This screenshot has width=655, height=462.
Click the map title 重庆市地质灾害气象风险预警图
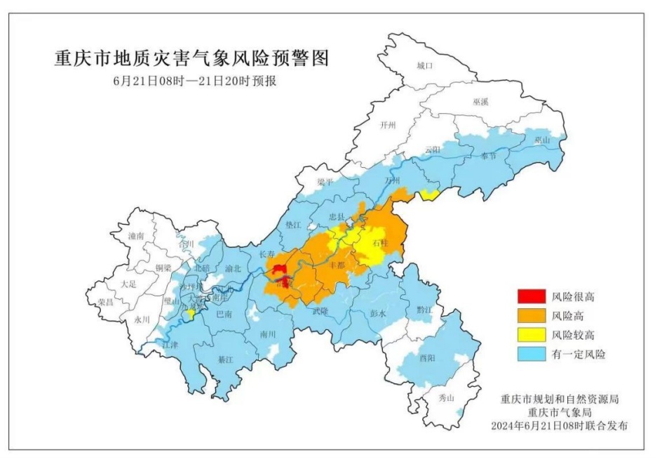click(x=191, y=58)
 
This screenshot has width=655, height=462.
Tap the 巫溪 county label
click(x=480, y=102)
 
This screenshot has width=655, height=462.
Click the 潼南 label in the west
click(x=137, y=237)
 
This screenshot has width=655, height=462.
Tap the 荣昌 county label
click(x=106, y=301)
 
